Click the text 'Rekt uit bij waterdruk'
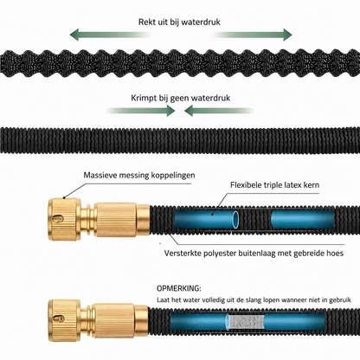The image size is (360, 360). point(179,22)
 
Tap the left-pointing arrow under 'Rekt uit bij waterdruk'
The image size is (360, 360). point(111,35)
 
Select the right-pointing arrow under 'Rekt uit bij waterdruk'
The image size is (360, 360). point(253,35)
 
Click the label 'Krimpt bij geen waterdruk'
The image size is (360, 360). point(181,98)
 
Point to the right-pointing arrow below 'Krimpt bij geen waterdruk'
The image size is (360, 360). point(141,111)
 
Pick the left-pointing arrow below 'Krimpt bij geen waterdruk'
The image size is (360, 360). point(219,111)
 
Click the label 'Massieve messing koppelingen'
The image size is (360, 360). point(139,175)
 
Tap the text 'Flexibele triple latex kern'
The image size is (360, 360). point(274,185)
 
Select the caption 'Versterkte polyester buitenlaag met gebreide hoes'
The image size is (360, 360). point(254,254)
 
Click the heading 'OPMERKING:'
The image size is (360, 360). point(179,288)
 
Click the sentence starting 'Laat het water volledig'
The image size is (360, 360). point(254,300)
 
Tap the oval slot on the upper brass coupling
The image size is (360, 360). point(59,218)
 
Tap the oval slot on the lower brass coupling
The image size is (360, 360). point(59,318)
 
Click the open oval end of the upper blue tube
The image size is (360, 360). point(236,220)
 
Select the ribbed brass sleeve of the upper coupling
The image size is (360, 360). point(115,220)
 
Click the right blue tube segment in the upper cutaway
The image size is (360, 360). point(303,220)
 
